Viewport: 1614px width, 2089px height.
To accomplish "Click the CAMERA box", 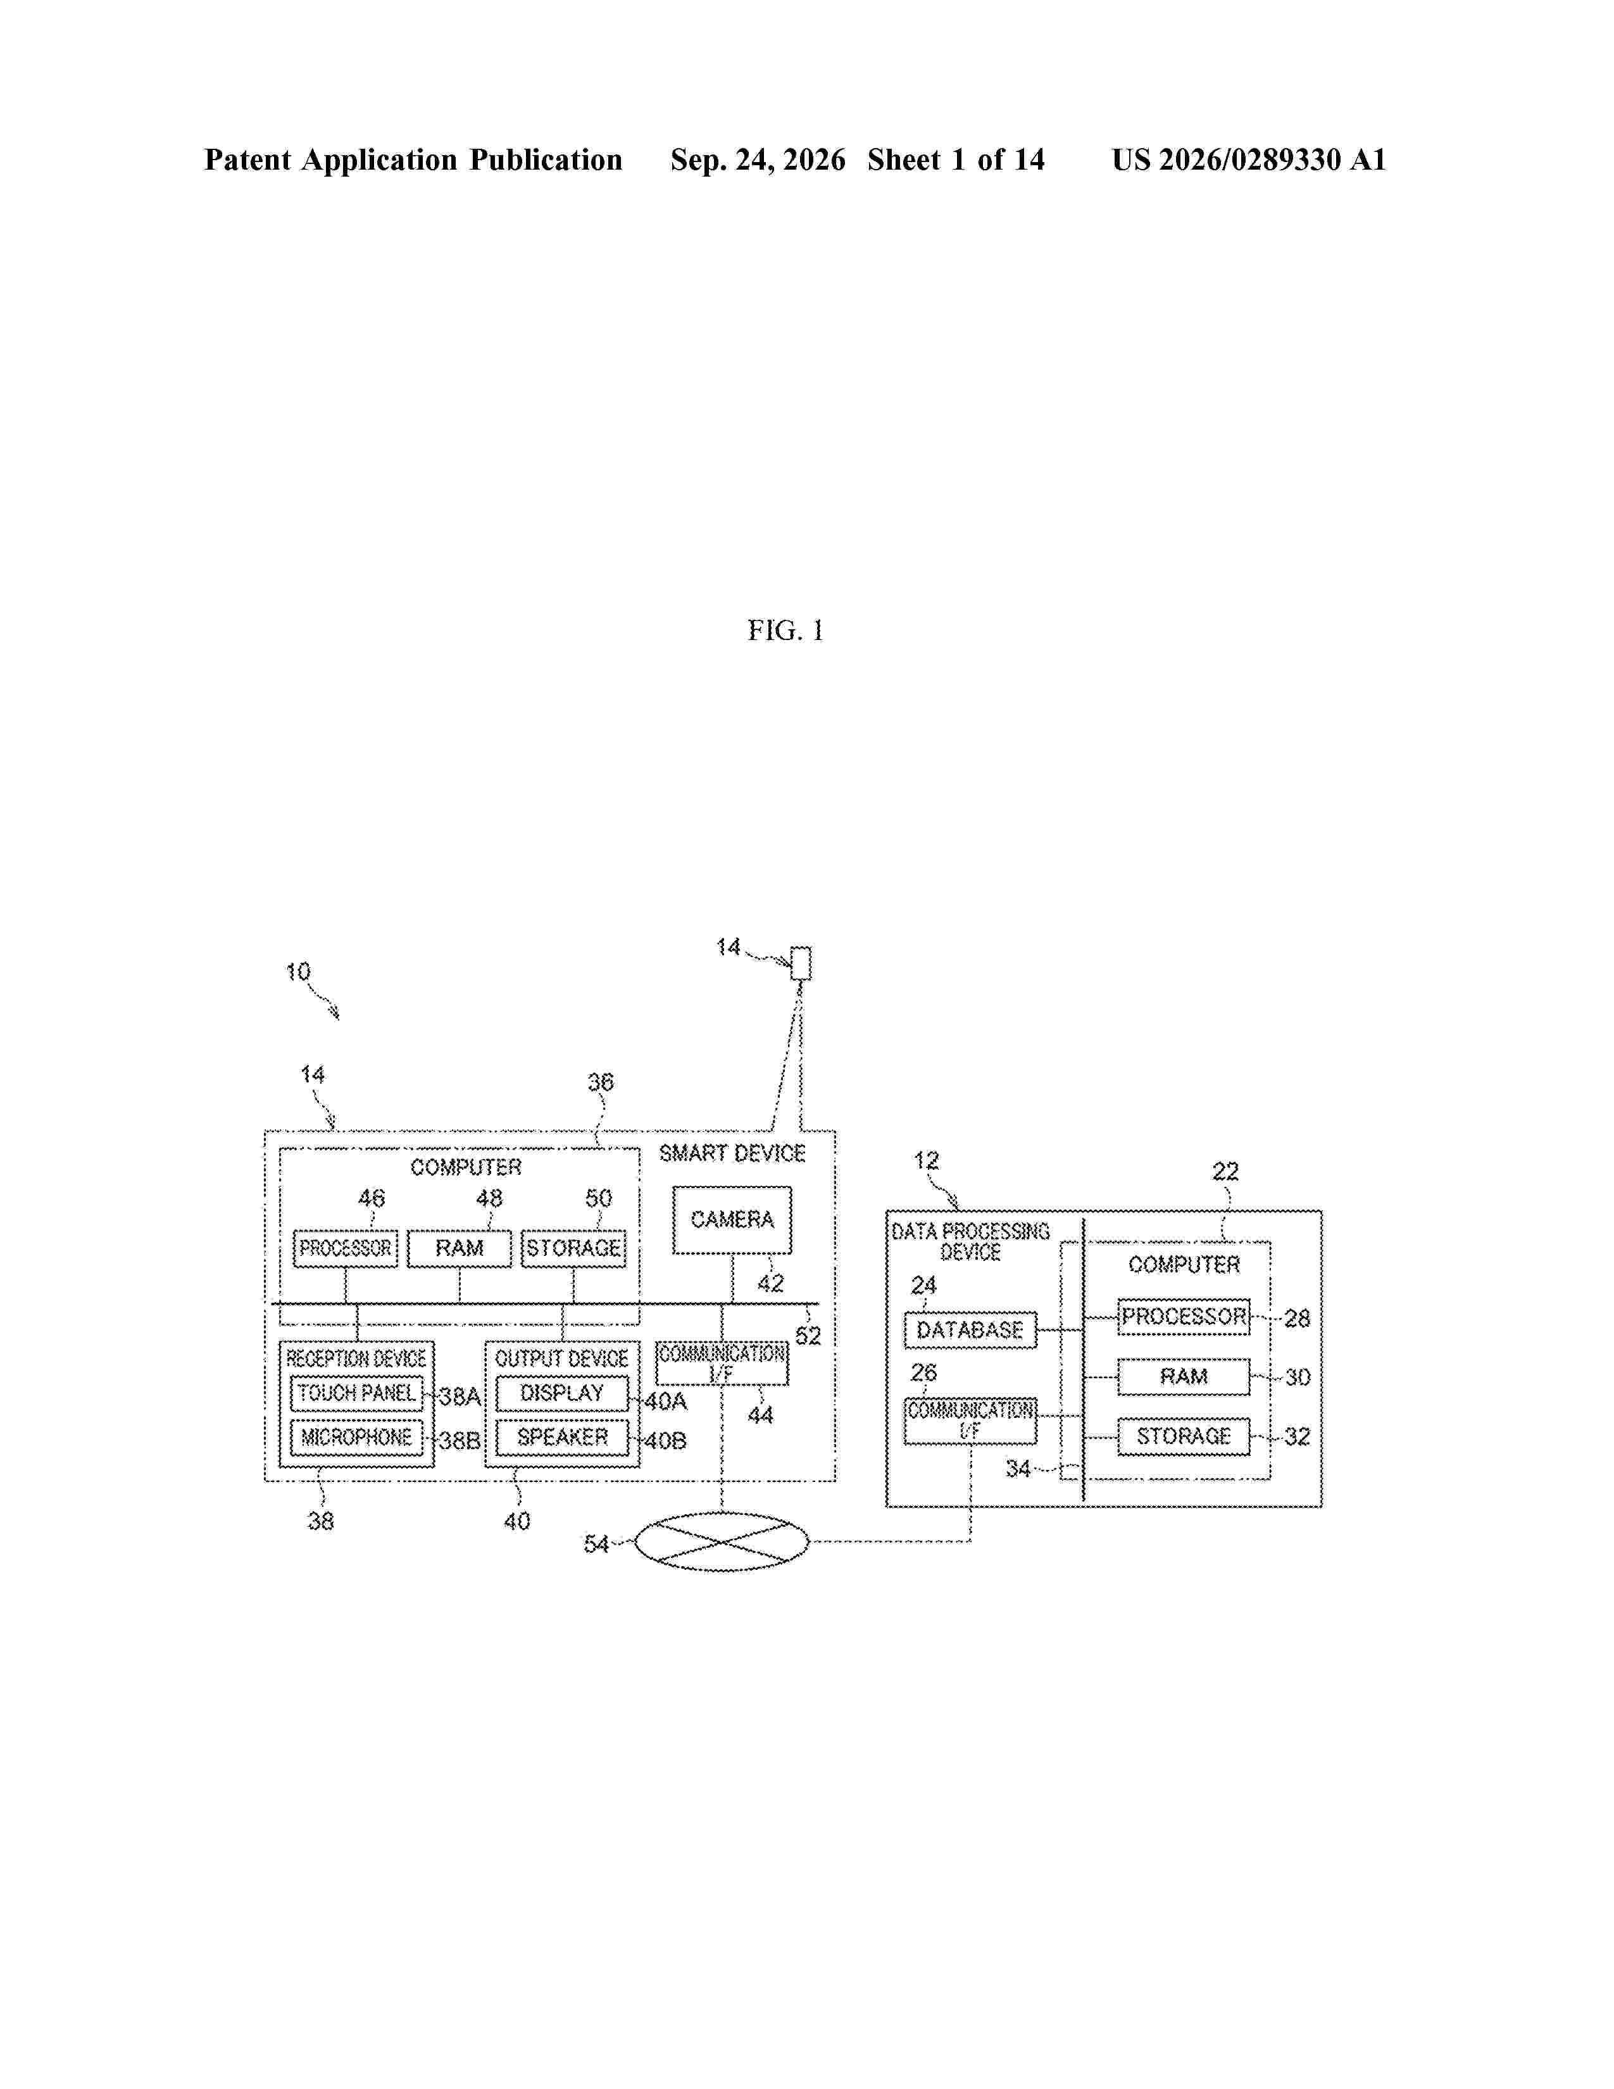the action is [732, 1220].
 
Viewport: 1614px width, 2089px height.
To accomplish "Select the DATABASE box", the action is [970, 1329].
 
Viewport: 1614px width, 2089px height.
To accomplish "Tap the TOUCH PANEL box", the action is [356, 1394].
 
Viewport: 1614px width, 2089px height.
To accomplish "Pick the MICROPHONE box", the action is [356, 1438].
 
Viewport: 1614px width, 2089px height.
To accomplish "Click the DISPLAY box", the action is [562, 1394].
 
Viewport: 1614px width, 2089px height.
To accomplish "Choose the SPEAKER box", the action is [562, 1438].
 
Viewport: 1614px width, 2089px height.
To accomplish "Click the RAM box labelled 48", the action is [459, 1248].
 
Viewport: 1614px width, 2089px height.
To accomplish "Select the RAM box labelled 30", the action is [1184, 1376].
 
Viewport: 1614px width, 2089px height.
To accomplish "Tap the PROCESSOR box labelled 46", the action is [345, 1248].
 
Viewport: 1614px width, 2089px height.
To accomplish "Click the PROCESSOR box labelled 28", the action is [1184, 1317].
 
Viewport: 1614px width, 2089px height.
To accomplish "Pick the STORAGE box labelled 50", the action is [573, 1248].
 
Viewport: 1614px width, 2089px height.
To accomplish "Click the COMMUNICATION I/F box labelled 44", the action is [722, 1363].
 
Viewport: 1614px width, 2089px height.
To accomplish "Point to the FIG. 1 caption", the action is [785, 630].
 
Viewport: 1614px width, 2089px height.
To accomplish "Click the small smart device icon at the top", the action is [801, 963].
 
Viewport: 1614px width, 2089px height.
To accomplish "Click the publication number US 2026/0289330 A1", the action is [1249, 160].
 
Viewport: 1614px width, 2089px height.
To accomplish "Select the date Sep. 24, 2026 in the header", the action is [757, 160].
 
